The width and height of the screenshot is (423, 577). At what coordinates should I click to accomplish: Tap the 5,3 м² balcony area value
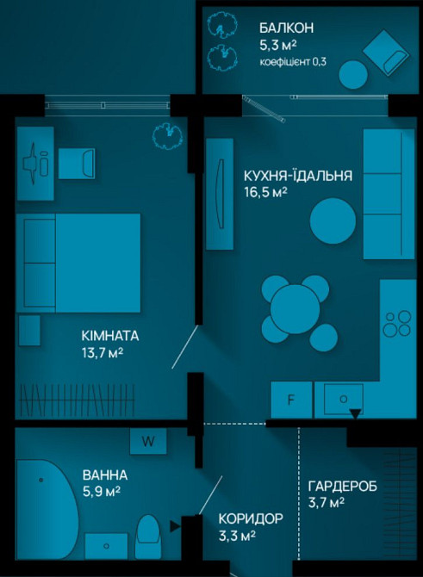278,47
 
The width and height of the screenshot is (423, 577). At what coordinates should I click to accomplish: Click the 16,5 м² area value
266,193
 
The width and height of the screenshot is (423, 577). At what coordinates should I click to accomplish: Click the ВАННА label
105,475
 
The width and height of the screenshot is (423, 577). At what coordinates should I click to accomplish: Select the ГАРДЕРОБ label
342,486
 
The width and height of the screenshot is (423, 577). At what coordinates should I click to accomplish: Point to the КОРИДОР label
251,519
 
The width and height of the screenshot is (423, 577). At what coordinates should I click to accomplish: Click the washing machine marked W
148,441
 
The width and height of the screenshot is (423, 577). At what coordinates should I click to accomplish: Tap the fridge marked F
291,400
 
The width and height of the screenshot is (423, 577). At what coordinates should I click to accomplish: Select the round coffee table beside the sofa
332,221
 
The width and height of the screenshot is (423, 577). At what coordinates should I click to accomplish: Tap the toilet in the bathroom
149,534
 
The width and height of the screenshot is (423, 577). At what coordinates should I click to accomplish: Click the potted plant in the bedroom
164,133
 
